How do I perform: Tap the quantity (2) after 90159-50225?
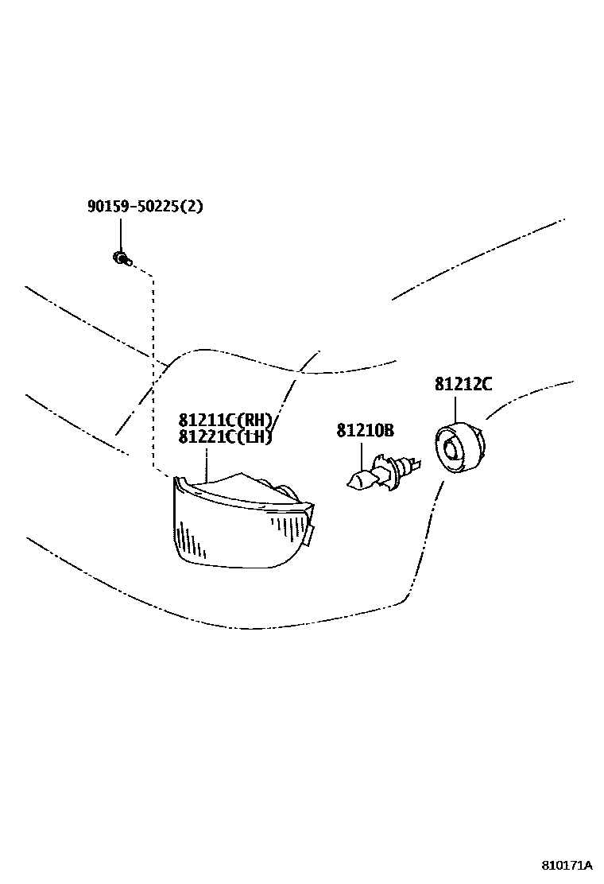192,207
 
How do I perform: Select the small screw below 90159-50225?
121,258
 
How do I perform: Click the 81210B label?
365,430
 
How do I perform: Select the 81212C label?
463,384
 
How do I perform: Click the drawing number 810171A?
567,864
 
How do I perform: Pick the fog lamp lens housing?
238,525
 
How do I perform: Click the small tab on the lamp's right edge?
310,534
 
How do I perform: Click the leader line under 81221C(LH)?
207,463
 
